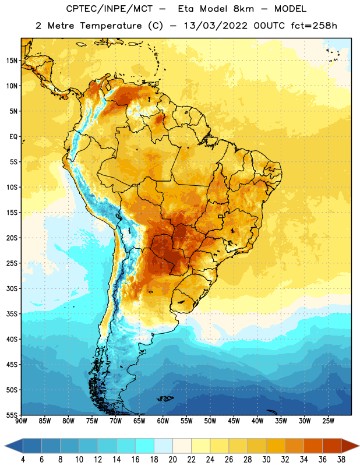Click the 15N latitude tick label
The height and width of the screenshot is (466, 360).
point(12,61)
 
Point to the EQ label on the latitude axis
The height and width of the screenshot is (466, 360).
point(13,137)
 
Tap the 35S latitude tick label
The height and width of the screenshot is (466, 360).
point(12,314)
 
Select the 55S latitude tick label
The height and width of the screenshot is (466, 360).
point(12,415)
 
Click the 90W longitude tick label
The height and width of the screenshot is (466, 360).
point(21,421)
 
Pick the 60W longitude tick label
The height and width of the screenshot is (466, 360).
point(163,421)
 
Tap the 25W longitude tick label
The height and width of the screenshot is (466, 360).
point(328,421)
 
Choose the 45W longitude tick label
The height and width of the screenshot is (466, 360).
point(234,421)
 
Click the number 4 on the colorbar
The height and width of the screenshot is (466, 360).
point(23,460)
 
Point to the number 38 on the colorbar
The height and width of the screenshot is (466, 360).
point(341,460)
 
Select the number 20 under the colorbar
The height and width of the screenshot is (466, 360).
point(172,460)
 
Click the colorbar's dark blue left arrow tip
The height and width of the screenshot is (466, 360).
point(5,446)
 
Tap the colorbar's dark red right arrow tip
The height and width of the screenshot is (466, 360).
point(359,446)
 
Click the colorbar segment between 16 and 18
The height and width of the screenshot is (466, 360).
point(144,446)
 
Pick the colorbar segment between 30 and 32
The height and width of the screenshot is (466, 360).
point(276,446)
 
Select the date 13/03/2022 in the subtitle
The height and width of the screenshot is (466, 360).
point(216,26)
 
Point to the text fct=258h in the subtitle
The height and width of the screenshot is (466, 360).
point(313,26)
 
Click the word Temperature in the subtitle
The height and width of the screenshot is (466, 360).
point(111,26)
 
